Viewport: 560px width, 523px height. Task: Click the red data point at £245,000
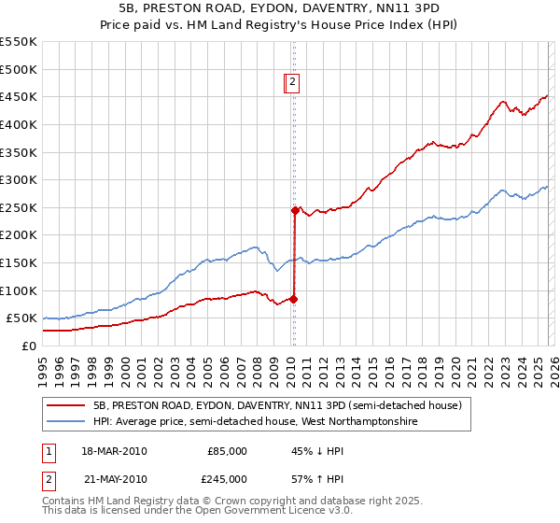(x=295, y=210)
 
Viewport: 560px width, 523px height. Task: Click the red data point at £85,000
(x=293, y=299)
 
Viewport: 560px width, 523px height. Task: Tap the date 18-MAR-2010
(x=115, y=451)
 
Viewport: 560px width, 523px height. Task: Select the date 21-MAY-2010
(x=115, y=478)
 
